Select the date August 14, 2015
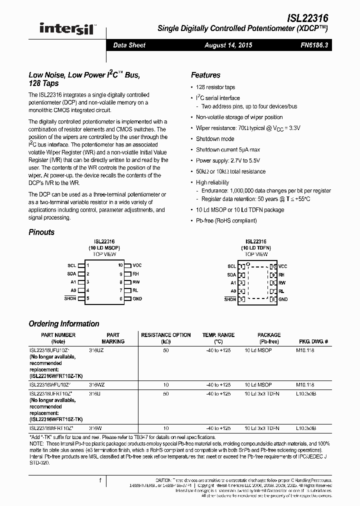(228, 45)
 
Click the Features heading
(205, 75)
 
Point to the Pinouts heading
(41, 232)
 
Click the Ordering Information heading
(64, 323)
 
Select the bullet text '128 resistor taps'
(215, 87)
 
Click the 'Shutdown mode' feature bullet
(215, 139)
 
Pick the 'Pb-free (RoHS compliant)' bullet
(226, 220)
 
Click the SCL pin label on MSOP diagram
(72, 266)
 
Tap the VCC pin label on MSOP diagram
(137, 266)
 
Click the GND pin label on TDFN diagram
(283, 299)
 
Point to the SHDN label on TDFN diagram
(230, 299)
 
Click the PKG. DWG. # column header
(313, 341)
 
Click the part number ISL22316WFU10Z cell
(51, 385)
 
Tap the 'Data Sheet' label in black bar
(129, 45)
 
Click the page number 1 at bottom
(100, 480)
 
